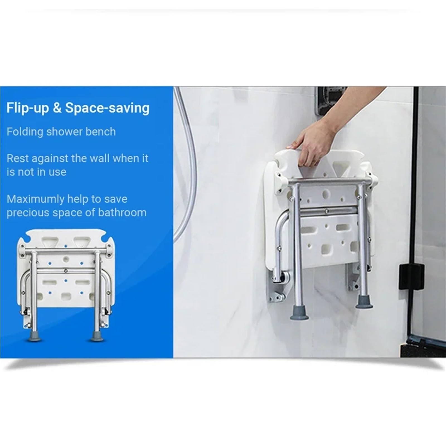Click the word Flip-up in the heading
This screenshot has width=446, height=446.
pyautogui.click(x=28, y=108)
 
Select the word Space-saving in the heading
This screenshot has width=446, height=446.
pyautogui.click(x=107, y=108)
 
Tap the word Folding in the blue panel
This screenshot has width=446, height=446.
pyautogui.click(x=25, y=132)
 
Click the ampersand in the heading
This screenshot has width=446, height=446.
pyautogui.click(x=57, y=108)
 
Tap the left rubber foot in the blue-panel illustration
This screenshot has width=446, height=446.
pyautogui.click(x=34, y=336)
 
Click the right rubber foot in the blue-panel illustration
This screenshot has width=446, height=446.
pyautogui.click(x=97, y=336)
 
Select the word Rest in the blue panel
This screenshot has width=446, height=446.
pyautogui.click(x=18, y=158)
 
